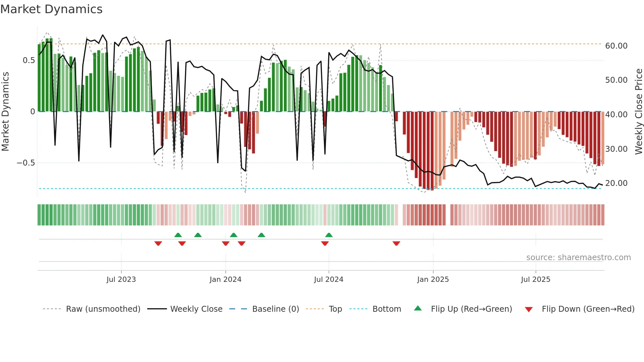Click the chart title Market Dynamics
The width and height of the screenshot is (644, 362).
point(51,9)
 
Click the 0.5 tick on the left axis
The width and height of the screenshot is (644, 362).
point(29,60)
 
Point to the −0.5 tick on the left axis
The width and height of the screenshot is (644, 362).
point(26,163)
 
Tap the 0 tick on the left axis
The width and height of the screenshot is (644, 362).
point(33,112)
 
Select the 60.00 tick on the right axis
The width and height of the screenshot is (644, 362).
point(616,46)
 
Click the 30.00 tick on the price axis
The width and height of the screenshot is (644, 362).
point(616,149)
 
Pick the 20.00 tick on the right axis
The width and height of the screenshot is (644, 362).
point(616,183)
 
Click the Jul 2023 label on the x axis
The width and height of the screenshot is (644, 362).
point(121,280)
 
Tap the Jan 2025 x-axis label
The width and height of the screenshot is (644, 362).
point(433,280)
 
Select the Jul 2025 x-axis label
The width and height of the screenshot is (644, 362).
point(535,280)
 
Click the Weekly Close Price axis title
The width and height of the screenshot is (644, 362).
point(638,112)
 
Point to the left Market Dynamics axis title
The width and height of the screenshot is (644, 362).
point(5,112)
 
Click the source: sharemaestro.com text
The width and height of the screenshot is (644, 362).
point(578,258)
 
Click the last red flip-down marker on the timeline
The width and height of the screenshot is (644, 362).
point(396,243)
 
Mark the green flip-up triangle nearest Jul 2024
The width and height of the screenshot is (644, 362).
point(329,235)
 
